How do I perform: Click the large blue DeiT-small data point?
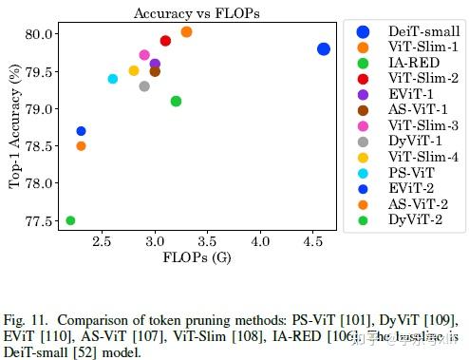pyautogui.click(x=324, y=48)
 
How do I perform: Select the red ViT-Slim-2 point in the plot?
pyautogui.click(x=165, y=41)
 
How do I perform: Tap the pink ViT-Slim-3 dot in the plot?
pyautogui.click(x=144, y=55)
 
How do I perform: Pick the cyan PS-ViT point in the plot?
pyautogui.click(x=113, y=79)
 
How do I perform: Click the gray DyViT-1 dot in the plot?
pyautogui.click(x=144, y=86)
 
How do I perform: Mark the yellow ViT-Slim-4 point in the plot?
pyautogui.click(x=134, y=70)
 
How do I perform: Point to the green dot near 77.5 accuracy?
pyautogui.click(x=70, y=220)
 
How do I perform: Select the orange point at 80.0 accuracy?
pyautogui.click(x=186, y=32)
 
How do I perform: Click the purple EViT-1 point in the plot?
pyautogui.click(x=155, y=64)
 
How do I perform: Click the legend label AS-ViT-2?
pyautogui.click(x=418, y=203)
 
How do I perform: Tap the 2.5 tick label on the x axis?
pyautogui.click(x=102, y=243)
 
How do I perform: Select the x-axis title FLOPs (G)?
pyautogui.click(x=196, y=258)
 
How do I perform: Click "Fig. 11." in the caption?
pyautogui.click(x=28, y=316)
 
